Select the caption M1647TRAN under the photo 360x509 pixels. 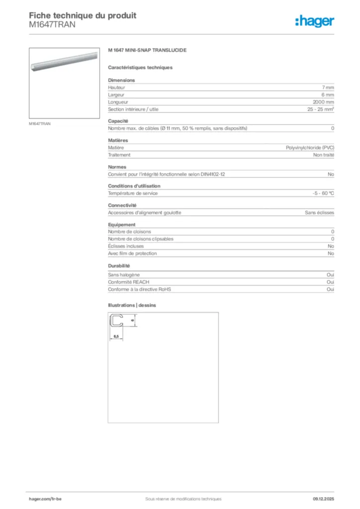click(39, 123)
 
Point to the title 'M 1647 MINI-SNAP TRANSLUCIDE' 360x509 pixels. click(147, 51)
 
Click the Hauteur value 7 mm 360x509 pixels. click(328, 87)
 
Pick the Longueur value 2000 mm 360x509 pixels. click(324, 102)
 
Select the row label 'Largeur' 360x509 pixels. click(116, 94)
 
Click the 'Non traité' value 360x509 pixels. click(323, 155)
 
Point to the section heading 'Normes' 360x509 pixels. click(117, 167)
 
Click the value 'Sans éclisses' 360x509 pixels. click(319, 213)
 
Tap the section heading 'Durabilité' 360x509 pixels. click(119, 266)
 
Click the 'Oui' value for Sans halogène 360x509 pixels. click(330, 275)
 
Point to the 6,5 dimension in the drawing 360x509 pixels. click(116, 337)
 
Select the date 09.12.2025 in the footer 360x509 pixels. click(323, 499)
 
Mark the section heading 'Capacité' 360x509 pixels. click(118, 121)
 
